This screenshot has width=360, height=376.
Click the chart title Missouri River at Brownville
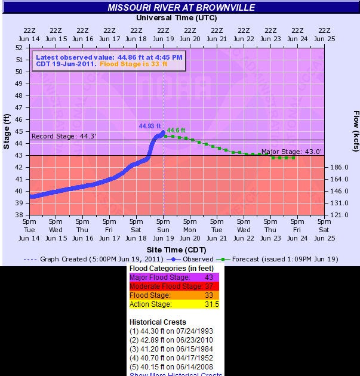click(181, 7)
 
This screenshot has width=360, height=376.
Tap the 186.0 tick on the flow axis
click(339, 167)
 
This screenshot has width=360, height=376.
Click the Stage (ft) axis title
click(7, 131)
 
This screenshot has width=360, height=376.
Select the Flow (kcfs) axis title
click(355, 131)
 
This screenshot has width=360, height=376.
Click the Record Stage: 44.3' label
click(59, 136)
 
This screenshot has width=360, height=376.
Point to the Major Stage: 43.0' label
click(292, 152)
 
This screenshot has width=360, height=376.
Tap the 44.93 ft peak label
click(149, 126)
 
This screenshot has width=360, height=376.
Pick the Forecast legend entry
click(269, 259)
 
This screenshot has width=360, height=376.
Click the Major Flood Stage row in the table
click(174, 278)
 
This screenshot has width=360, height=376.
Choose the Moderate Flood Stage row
click(174, 286)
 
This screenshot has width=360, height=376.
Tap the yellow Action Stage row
click(174, 304)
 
